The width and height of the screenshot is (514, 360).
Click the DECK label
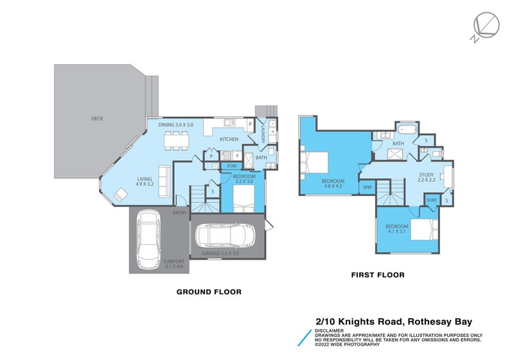tap(97, 118)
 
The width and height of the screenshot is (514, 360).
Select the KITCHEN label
tap(229, 139)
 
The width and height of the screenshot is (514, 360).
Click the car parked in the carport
tap(148, 240)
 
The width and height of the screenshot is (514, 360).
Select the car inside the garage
tap(226, 237)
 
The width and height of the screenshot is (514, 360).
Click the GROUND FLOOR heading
tap(209, 292)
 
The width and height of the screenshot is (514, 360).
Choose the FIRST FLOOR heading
tap(377, 275)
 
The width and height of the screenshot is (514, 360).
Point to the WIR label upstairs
tap(368, 187)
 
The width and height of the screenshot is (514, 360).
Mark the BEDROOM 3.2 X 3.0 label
tap(244, 179)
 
